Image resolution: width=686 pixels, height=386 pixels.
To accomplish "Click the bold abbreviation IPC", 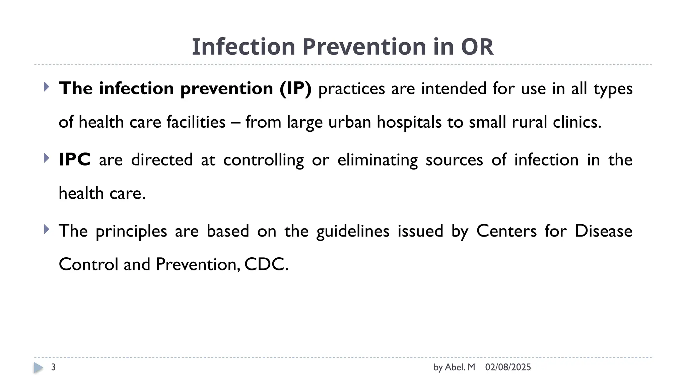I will point(74,160).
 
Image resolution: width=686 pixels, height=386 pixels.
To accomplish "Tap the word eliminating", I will point(378,160).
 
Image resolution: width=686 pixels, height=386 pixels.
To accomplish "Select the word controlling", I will point(263,160).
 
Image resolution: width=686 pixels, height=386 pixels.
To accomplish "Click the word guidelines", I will point(353,231).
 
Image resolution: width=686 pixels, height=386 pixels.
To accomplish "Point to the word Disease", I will point(603,231).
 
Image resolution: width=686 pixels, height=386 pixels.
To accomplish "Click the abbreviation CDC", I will point(266,265).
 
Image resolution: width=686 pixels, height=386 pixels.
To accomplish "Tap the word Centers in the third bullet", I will point(506,231).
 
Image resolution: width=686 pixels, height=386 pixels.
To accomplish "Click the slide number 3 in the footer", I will point(53,367).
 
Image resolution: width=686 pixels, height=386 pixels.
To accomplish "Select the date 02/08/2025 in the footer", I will point(508,367).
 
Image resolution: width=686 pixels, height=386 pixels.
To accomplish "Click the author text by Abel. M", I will point(454,367).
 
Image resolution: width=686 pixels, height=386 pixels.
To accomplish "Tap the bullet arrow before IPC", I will point(47,158).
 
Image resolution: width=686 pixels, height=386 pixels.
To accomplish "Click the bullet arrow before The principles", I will point(47,230).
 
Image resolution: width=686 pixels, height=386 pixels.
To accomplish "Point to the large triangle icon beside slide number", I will point(38,368).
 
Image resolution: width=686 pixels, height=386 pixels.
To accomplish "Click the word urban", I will point(350,122).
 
